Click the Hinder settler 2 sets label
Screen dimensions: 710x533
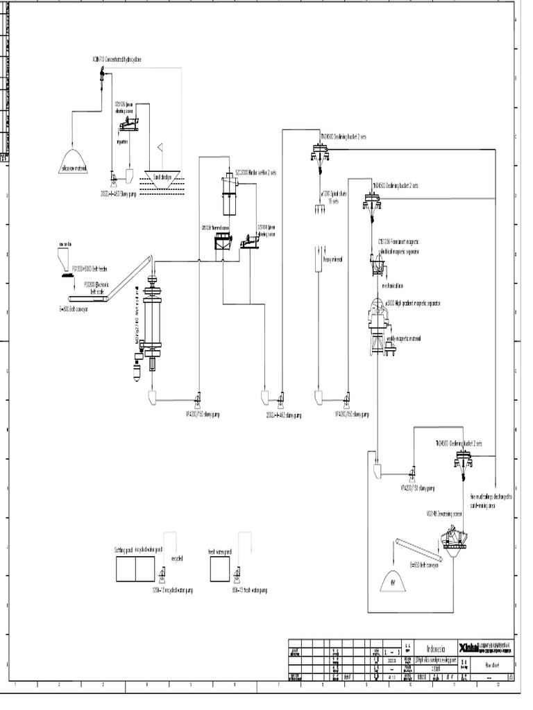coord(255,172)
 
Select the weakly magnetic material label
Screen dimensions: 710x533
coord(405,338)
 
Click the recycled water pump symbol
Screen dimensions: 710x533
coord(162,574)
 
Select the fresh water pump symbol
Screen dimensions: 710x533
coord(239,574)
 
